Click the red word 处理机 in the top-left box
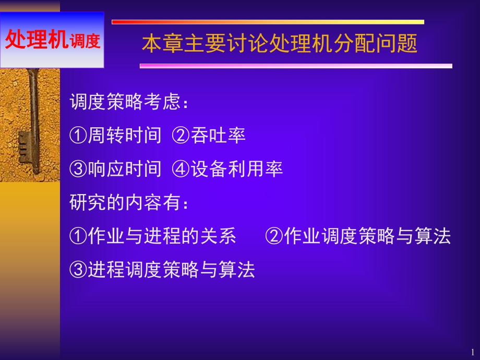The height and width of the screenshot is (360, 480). point(36,40)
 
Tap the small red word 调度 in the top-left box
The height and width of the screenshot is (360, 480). point(84,41)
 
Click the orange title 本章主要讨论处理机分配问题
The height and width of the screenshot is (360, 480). point(280,44)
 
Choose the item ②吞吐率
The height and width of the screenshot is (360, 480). point(209,136)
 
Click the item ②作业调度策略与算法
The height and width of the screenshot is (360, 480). point(358,236)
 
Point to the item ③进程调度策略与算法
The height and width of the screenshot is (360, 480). point(162,269)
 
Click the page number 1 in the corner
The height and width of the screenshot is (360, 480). point(472,352)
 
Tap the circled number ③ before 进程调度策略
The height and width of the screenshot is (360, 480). point(78,269)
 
